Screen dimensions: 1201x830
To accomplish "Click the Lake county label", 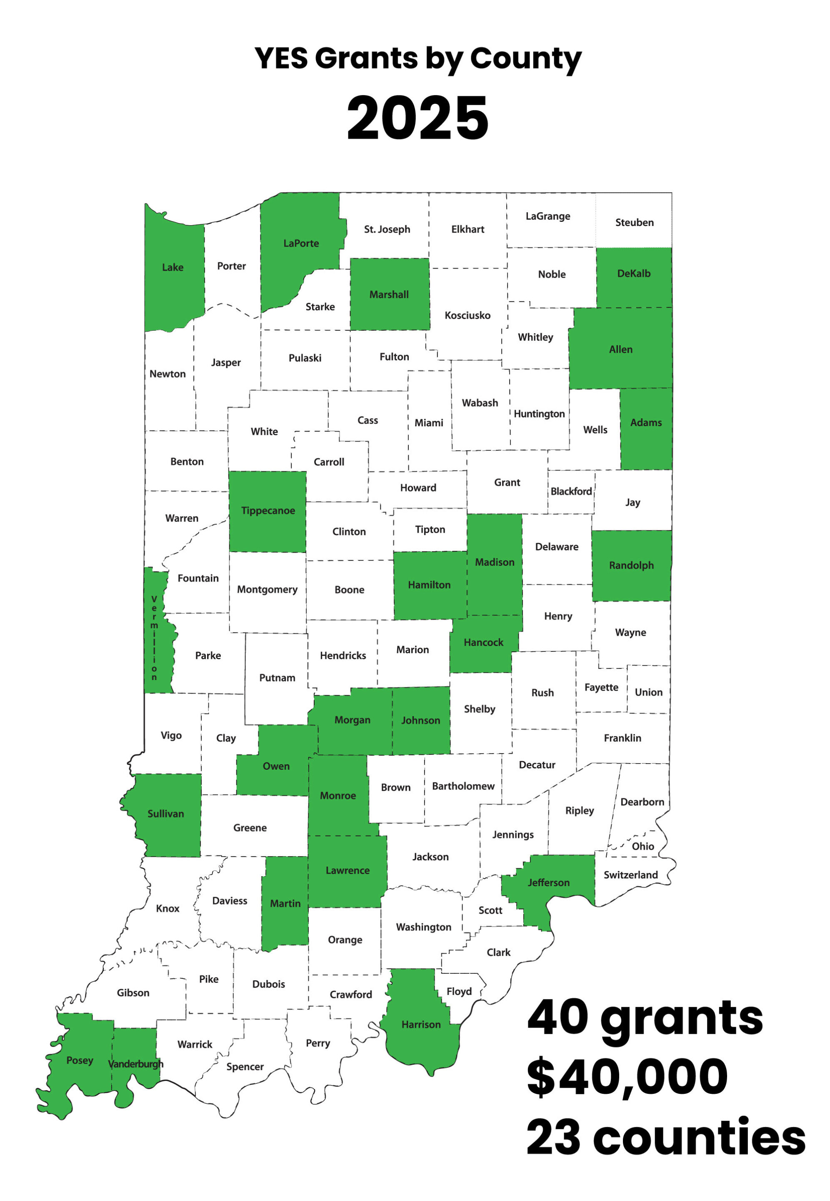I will [x=172, y=267].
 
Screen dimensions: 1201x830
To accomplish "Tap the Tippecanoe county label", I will [x=268, y=510].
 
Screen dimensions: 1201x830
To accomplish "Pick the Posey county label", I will [x=80, y=1060].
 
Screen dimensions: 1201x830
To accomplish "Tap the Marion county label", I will [x=412, y=649].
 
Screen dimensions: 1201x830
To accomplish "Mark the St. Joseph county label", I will [x=387, y=229].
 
